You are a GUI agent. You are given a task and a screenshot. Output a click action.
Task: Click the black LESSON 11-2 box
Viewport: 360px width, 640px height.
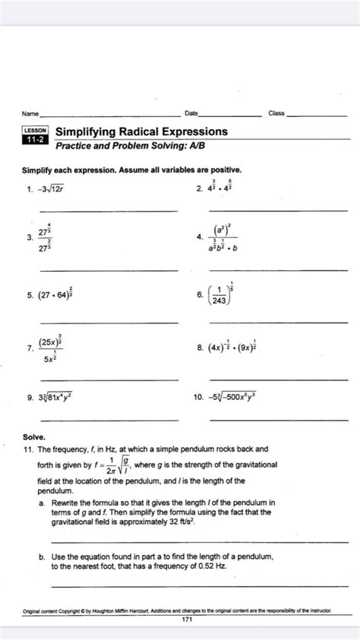coord(36,135)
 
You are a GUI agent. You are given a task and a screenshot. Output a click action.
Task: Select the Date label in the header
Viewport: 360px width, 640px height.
coord(191,113)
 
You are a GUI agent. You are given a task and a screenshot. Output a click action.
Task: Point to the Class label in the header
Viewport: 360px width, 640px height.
coord(276,113)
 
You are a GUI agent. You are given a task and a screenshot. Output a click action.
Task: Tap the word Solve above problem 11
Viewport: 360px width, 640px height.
coord(34,438)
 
